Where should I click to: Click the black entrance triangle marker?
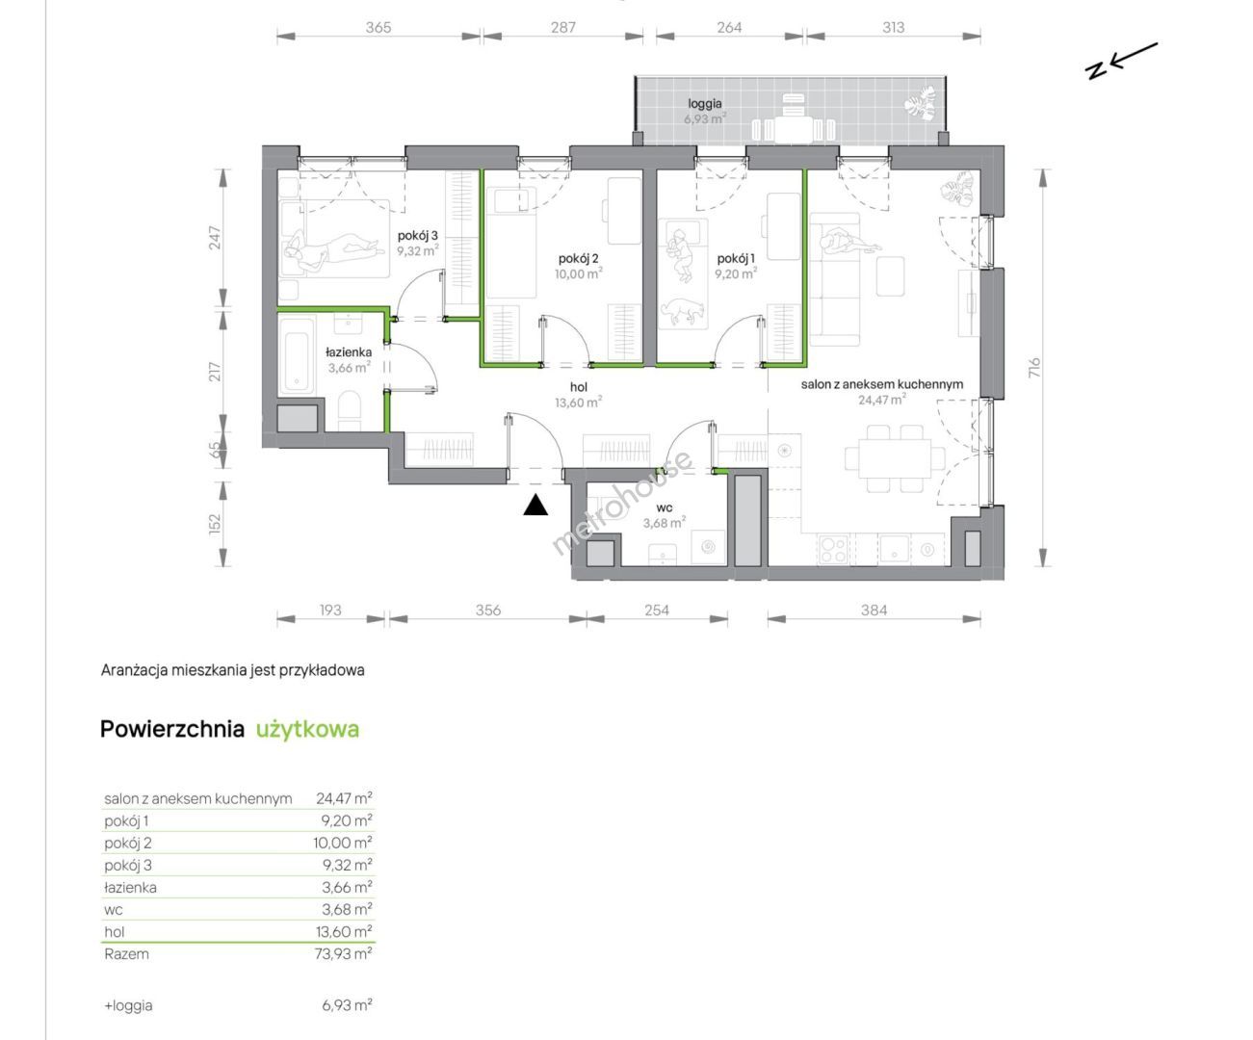(x=535, y=506)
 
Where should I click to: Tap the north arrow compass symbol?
(x=1122, y=62)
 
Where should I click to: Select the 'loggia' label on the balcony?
(x=705, y=104)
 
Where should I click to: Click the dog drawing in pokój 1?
(x=682, y=310)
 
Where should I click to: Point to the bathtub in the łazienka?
(x=297, y=357)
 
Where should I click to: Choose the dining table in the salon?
(x=895, y=459)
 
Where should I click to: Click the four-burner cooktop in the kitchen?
(x=832, y=549)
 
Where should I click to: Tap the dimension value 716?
(x=1033, y=367)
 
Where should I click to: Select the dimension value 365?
(x=379, y=27)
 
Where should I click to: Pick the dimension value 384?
(x=874, y=610)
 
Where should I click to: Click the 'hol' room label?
(x=579, y=387)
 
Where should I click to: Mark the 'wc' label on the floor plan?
(x=665, y=507)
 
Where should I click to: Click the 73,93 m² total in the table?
(x=343, y=953)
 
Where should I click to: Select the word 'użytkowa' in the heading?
(x=308, y=729)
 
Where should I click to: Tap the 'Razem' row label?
(x=126, y=953)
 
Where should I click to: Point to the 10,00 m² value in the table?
(x=343, y=843)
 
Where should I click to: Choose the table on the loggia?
(x=794, y=129)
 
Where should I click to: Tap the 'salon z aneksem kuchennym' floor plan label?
(x=881, y=384)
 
